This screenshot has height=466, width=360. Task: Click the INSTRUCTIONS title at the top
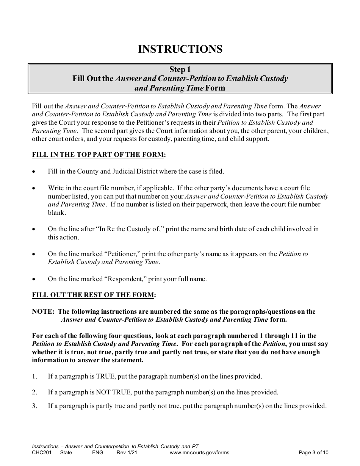point(180,49)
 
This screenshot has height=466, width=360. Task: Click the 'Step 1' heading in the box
point(180,69)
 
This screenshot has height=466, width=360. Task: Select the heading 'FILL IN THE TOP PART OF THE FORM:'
point(99,155)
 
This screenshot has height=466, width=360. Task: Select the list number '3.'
point(35,406)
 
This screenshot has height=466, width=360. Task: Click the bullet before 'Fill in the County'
point(34,172)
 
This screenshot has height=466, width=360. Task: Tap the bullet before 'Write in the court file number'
point(34,188)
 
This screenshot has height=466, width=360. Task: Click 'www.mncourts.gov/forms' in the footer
point(199,452)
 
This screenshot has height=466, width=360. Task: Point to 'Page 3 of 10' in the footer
point(313,452)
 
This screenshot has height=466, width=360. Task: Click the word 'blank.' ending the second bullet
point(57,213)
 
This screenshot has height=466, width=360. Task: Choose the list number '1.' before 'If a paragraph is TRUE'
point(35,377)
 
